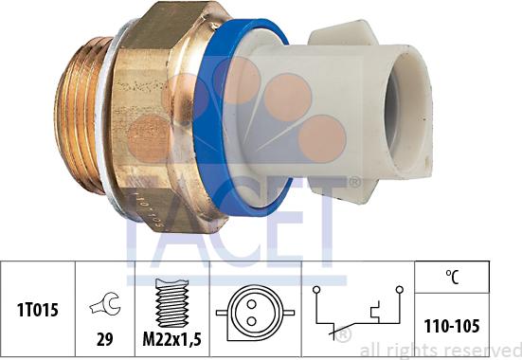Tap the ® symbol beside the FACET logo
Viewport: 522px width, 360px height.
[x=355, y=183]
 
